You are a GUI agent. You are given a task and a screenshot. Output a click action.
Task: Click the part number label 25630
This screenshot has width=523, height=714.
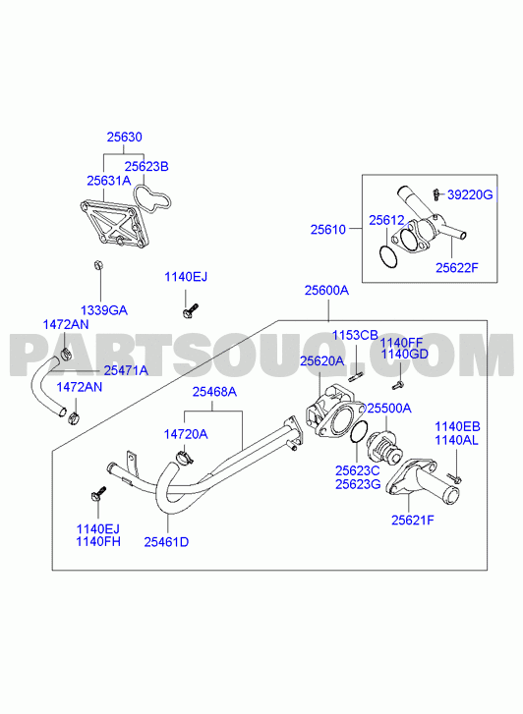click(x=125, y=137)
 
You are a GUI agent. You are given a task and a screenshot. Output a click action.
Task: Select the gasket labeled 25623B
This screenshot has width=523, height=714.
click(x=152, y=199)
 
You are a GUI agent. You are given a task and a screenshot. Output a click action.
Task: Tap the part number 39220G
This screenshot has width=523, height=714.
click(x=470, y=194)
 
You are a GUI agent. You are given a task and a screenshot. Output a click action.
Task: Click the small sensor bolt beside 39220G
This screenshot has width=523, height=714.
click(x=436, y=194)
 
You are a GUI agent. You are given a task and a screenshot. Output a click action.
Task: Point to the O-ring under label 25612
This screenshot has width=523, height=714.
click(x=388, y=256)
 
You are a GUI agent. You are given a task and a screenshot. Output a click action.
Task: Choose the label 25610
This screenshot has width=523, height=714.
click(x=328, y=230)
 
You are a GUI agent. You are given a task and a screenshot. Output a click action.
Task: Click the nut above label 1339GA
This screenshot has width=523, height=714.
click(x=98, y=264)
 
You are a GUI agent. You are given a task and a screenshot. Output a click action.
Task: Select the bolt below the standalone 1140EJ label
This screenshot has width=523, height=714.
click(x=190, y=310)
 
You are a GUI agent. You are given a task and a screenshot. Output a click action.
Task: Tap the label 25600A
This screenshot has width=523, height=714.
click(x=327, y=290)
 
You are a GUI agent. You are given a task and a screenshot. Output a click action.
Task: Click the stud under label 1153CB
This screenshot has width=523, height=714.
click(x=356, y=377)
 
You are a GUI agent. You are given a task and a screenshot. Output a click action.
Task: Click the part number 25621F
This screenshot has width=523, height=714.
click(x=413, y=520)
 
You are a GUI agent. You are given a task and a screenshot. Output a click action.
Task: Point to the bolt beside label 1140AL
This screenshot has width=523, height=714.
click(x=454, y=478)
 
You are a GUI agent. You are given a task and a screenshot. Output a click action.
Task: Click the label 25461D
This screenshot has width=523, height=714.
click(x=166, y=542)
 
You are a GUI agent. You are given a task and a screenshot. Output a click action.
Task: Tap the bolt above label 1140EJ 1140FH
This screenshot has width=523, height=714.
click(x=99, y=494)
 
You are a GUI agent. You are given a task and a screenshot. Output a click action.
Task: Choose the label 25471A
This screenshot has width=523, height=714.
click(x=126, y=370)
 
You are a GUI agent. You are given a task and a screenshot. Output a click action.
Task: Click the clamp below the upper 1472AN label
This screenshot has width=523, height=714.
click(x=67, y=353)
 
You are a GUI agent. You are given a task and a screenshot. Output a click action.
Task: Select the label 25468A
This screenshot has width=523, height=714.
click(x=214, y=392)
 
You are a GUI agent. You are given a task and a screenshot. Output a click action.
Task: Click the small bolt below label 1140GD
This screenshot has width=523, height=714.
click(x=398, y=385)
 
